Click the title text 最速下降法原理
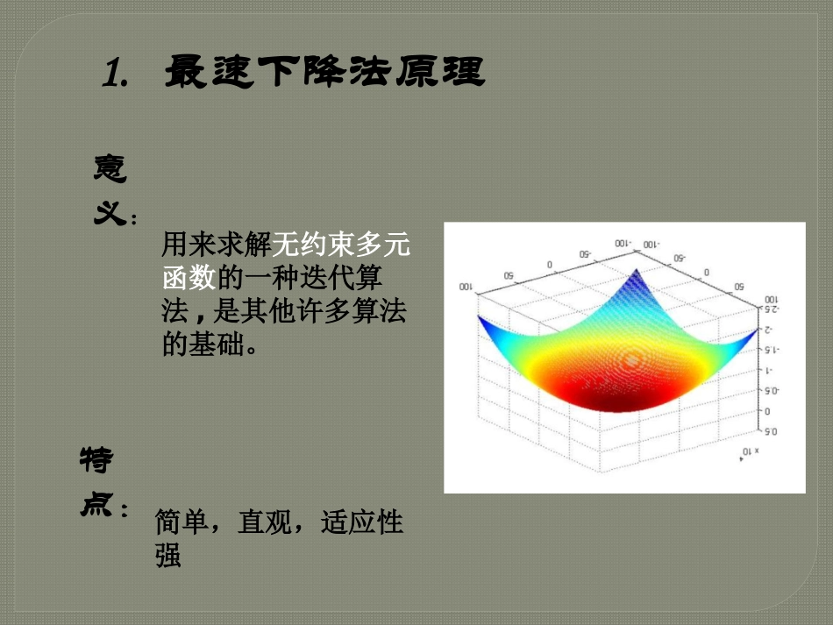click(324, 72)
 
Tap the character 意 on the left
click(110, 168)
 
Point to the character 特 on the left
click(96, 460)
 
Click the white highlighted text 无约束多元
click(342, 245)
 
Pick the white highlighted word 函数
click(189, 278)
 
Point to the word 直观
click(265, 522)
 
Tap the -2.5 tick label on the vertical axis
click(772, 310)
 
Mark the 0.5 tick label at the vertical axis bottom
click(772, 431)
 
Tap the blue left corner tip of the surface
click(479, 316)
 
